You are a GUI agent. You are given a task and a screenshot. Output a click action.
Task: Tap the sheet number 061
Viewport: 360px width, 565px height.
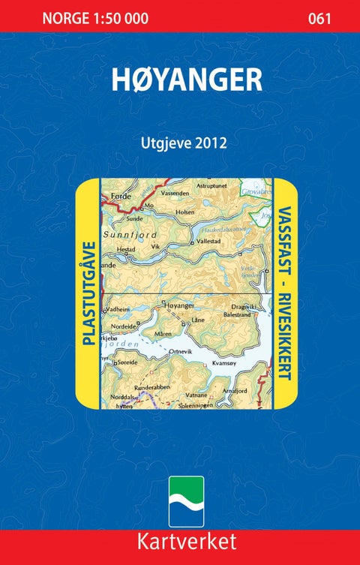[319, 19]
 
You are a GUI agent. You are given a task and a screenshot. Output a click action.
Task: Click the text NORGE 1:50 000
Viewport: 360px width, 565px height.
[95, 19]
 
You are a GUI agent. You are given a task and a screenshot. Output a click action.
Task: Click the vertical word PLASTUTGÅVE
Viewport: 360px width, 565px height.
[88, 293]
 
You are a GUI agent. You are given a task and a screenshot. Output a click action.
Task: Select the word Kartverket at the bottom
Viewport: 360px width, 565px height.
[180, 542]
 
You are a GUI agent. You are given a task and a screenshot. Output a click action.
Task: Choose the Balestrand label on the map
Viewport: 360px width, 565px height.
[239, 316]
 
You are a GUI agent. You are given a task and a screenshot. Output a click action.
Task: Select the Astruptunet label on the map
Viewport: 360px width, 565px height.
[210, 185]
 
